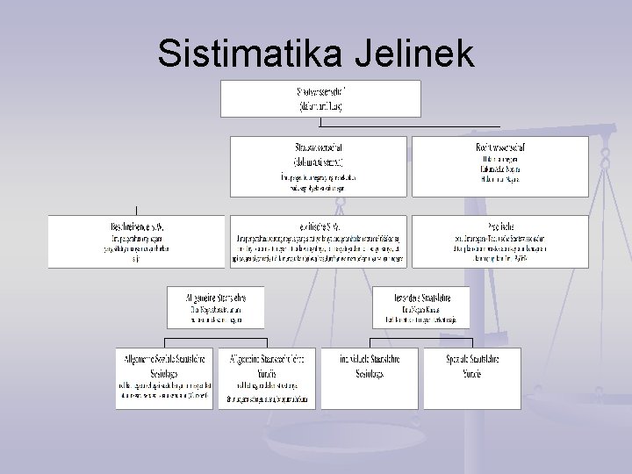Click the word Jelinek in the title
click(x=413, y=54)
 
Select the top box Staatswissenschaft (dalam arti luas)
click(x=320, y=98)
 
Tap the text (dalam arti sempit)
click(x=319, y=162)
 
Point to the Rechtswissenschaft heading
click(x=499, y=147)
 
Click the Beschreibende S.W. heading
click(x=139, y=226)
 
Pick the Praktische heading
click(x=499, y=226)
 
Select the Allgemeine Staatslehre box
click(x=215, y=307)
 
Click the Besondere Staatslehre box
click(x=420, y=307)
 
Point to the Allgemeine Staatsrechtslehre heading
click(x=267, y=359)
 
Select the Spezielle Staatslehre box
click(x=471, y=359)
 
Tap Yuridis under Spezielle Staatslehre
click(x=471, y=372)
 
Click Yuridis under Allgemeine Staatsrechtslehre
click(x=267, y=372)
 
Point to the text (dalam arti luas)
click(x=320, y=106)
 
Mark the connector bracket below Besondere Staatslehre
click(x=420, y=339)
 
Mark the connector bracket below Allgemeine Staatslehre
click(x=215, y=339)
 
